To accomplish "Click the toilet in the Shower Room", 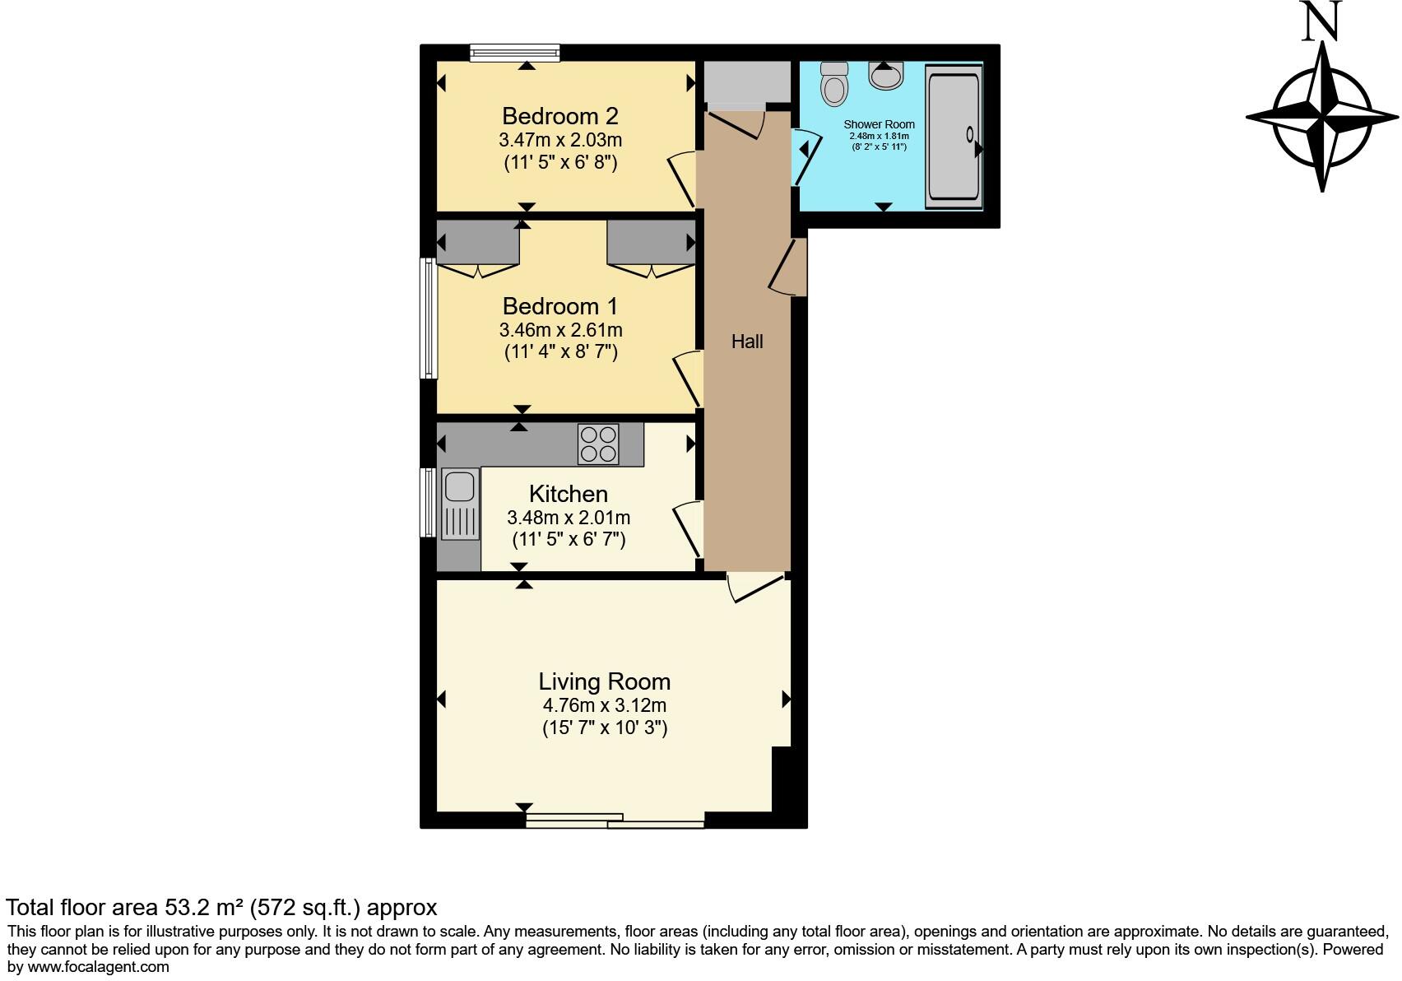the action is (x=833, y=84).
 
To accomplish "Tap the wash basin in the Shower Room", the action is (x=885, y=77).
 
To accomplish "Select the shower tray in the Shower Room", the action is (x=954, y=137).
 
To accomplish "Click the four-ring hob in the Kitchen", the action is (x=598, y=444).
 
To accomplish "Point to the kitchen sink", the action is (x=459, y=504).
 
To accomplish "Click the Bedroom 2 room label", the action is (x=560, y=116).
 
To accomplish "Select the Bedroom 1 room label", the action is (x=560, y=306).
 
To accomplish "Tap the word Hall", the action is (x=747, y=342).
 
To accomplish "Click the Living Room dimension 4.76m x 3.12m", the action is (x=605, y=705).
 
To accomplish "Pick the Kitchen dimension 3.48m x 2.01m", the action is (x=569, y=518).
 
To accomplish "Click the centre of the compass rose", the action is (x=1322, y=117).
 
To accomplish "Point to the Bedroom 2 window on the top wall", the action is (x=515, y=53).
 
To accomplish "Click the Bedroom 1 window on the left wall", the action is (x=428, y=318).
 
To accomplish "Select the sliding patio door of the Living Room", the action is (x=615, y=821).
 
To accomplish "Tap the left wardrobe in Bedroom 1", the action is (x=478, y=242).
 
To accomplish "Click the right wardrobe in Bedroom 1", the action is (x=651, y=242).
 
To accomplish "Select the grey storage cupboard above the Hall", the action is (x=747, y=82).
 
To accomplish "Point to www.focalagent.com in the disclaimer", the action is (x=98, y=967).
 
